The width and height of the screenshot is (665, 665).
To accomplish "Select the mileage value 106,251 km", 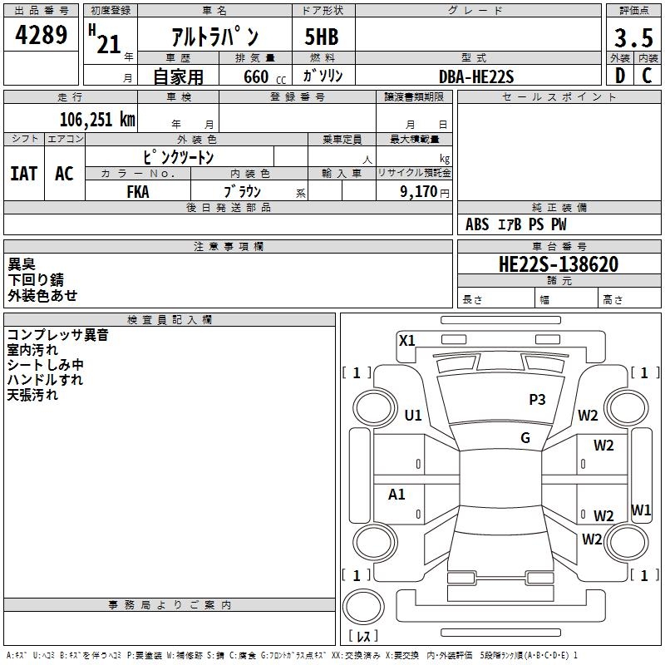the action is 97,119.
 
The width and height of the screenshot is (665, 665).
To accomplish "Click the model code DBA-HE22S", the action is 477,76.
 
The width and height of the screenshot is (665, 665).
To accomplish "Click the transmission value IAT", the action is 24,173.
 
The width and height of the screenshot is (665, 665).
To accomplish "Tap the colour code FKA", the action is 138,191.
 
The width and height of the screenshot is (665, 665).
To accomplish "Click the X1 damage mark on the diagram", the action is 406,340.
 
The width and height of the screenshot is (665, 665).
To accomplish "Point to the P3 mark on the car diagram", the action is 537,400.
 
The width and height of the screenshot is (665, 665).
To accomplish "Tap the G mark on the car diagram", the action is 525,438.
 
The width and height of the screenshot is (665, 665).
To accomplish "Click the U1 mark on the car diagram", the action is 413,416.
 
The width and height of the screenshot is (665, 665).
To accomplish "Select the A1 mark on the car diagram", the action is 397,495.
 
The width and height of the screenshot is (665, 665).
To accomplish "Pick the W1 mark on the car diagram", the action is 641,510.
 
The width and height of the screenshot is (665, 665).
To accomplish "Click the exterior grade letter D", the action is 619,76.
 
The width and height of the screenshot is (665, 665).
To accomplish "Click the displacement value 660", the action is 256,77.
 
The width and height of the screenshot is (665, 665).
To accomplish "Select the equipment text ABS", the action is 477,224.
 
